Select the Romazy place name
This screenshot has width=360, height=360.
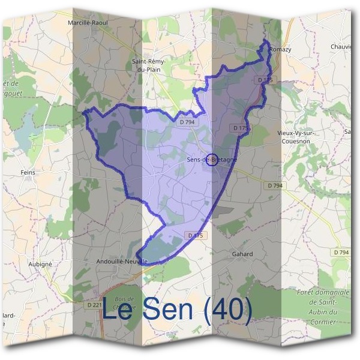(280, 49)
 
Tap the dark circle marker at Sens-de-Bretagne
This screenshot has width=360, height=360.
(211, 159)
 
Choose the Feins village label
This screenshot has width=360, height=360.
(28, 172)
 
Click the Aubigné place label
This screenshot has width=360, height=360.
(41, 263)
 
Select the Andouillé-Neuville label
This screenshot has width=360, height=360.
(122, 262)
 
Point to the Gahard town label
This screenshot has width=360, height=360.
(242, 254)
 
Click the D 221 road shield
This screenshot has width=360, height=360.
(94, 305)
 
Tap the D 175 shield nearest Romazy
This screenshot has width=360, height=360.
(265, 80)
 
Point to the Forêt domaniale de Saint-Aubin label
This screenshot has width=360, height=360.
(323, 307)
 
